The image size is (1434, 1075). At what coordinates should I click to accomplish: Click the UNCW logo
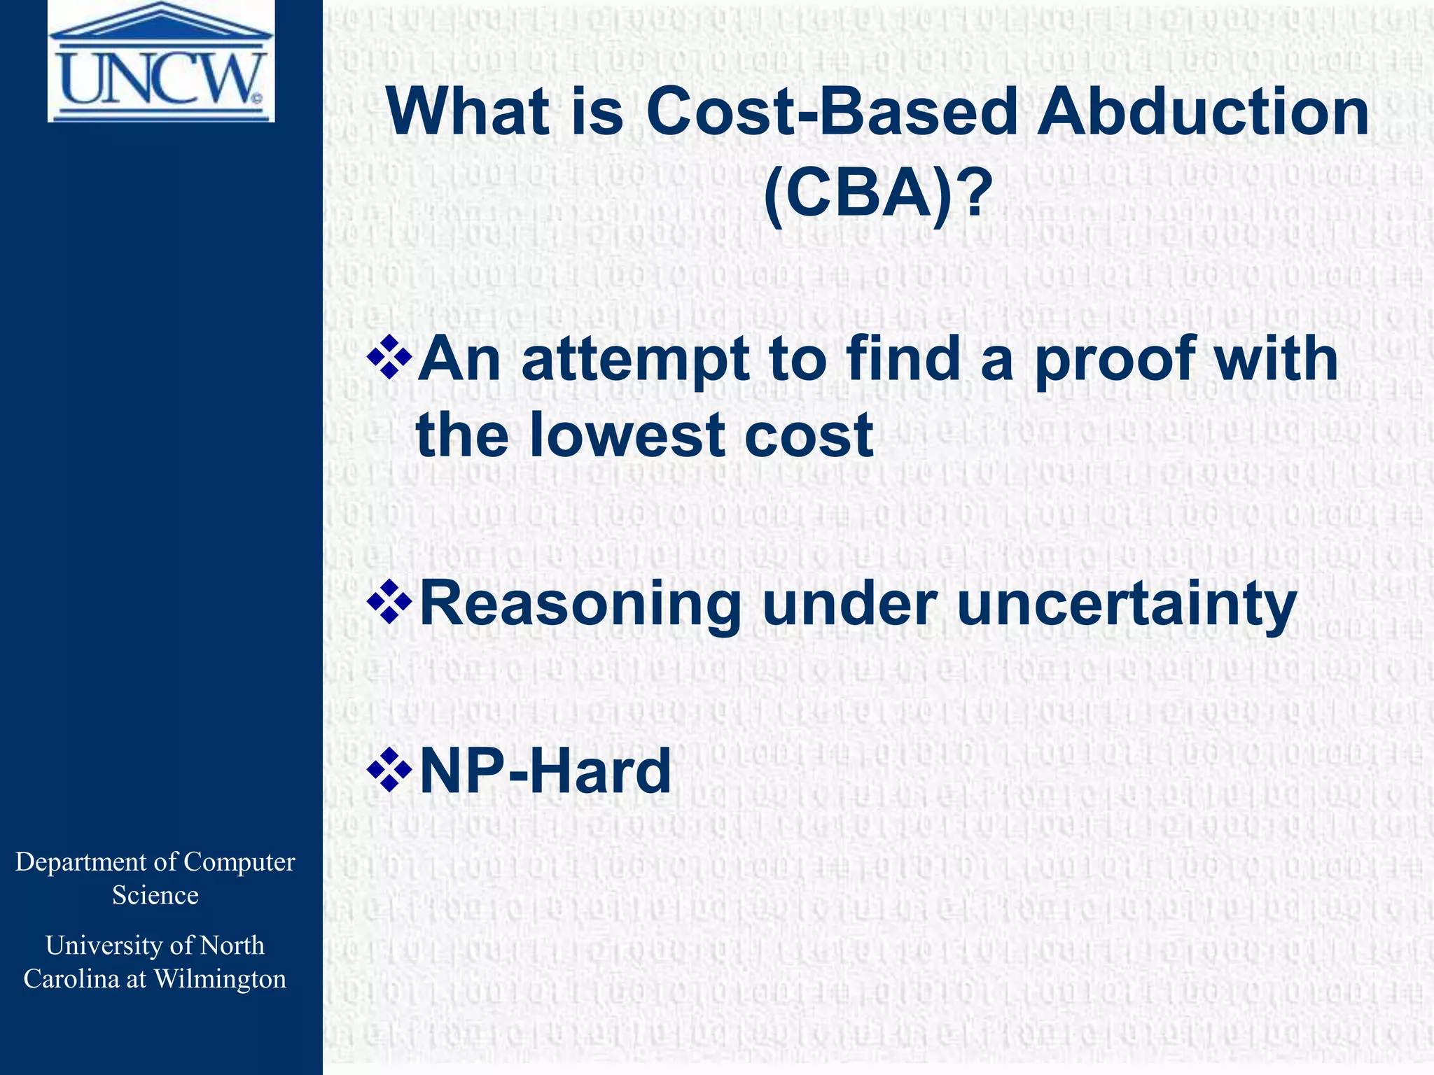pyautogui.click(x=161, y=62)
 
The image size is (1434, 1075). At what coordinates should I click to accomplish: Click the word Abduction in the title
pyautogui.click(x=1203, y=112)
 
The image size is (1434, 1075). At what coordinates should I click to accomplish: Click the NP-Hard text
pyautogui.click(x=545, y=771)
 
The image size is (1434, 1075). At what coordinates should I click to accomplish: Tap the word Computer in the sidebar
pyautogui.click(x=239, y=862)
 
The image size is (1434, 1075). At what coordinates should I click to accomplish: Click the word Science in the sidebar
pyautogui.click(x=155, y=895)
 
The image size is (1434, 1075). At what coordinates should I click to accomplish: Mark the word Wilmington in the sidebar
pyautogui.click(x=220, y=978)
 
